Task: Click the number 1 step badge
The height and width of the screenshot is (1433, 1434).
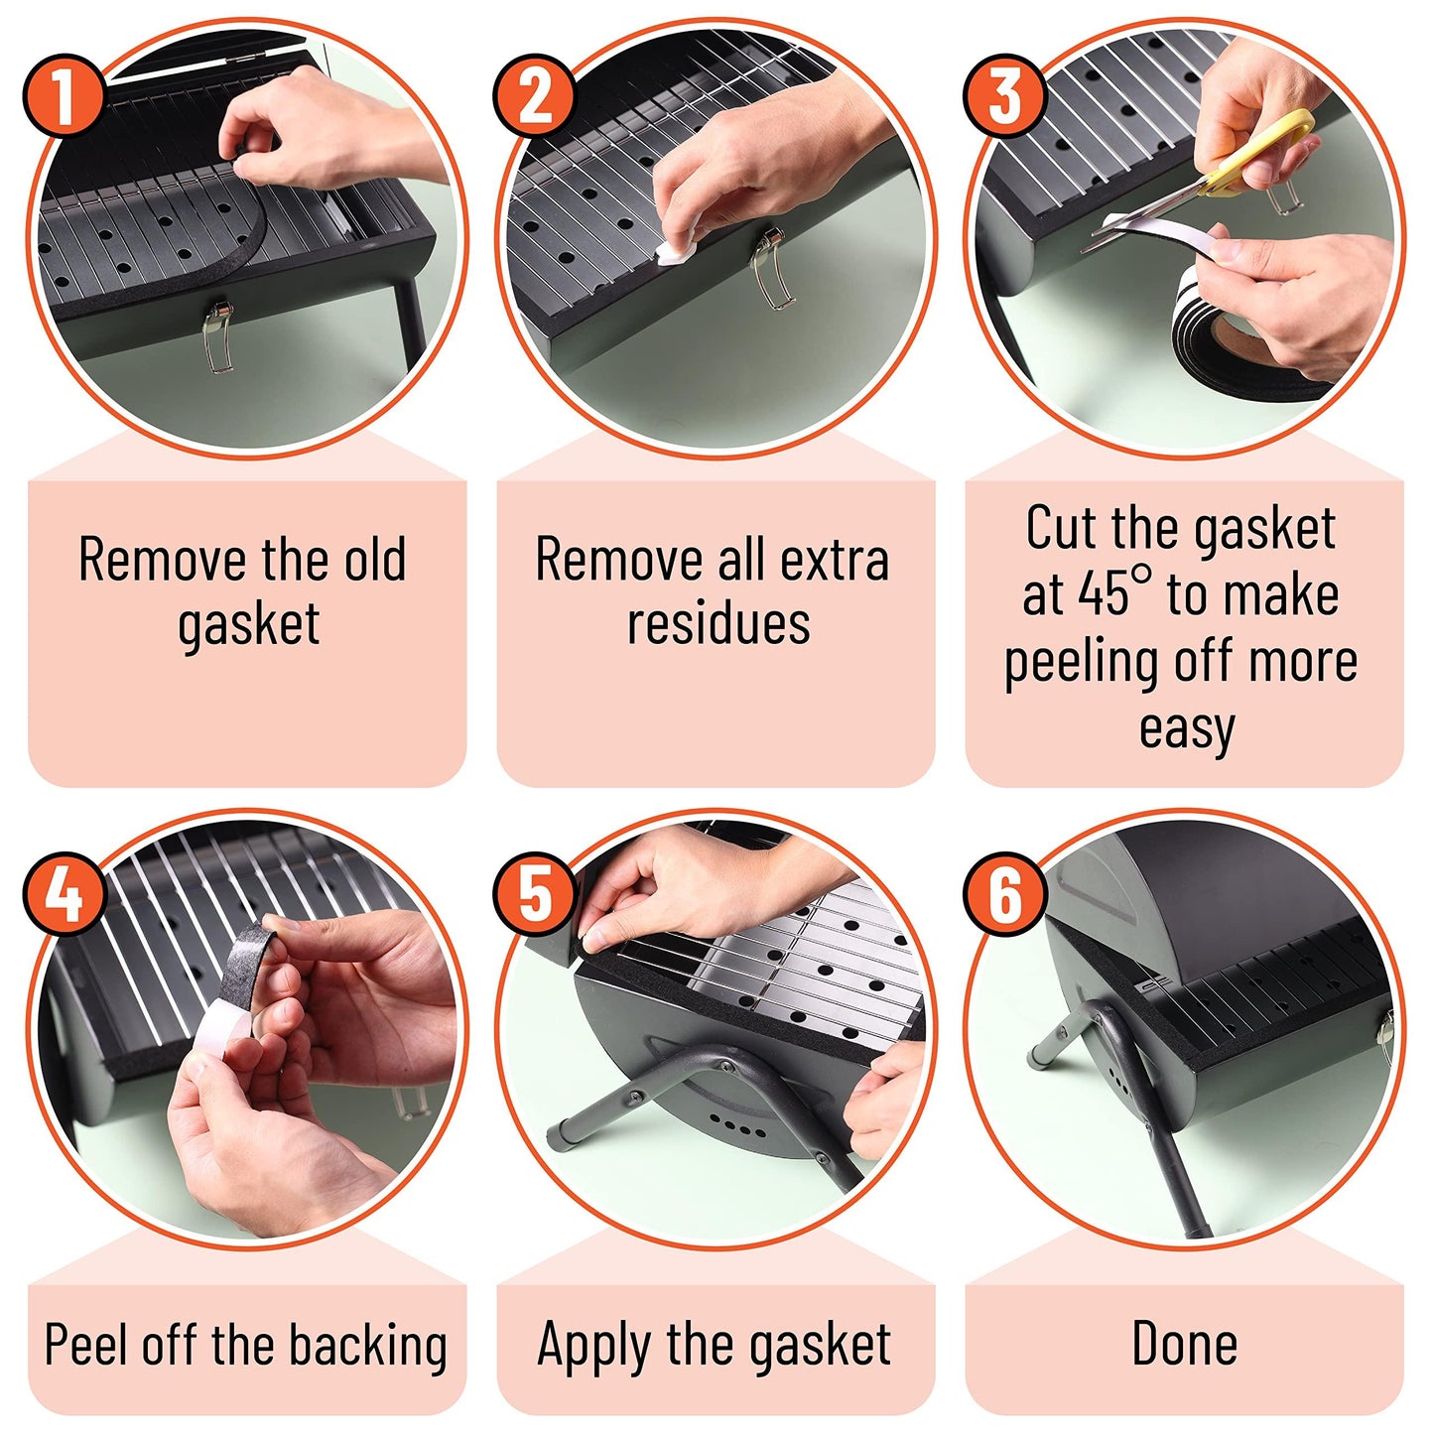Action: (63, 94)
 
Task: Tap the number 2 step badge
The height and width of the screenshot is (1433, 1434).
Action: (533, 94)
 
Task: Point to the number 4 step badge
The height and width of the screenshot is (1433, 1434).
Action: (63, 893)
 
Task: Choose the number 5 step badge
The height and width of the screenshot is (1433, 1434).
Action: (533, 893)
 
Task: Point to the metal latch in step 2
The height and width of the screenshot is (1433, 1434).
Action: (771, 268)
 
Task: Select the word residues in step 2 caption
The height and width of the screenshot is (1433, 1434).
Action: (718, 622)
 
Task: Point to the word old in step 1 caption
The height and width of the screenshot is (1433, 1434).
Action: (375, 559)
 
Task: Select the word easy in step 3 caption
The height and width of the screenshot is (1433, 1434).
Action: (1186, 729)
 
